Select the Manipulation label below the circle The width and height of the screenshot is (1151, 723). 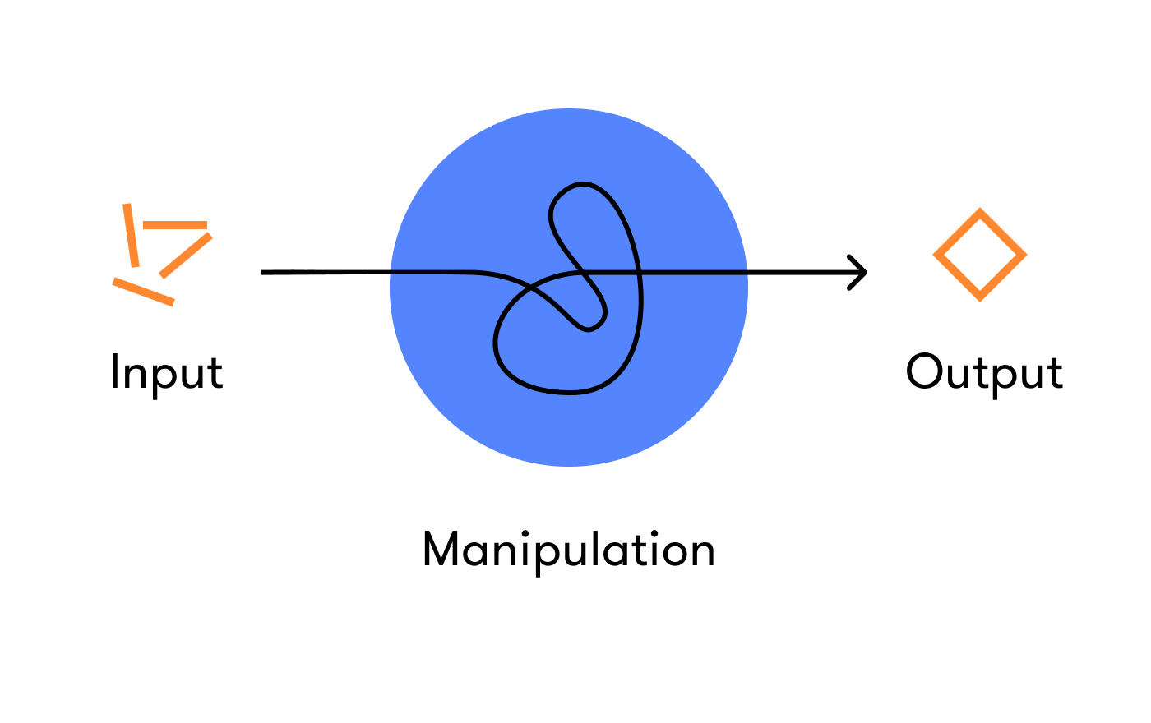568,550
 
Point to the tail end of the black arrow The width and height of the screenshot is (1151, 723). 263,272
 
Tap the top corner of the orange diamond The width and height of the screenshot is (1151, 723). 980,212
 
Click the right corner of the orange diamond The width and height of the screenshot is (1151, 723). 1024,255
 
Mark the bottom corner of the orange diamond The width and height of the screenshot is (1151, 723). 980,297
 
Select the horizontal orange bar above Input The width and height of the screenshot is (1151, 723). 175,225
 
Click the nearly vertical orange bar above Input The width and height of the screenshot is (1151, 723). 131,235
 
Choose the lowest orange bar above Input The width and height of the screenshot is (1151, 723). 144,292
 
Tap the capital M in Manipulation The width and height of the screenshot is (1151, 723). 441,549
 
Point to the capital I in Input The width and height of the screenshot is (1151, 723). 115,371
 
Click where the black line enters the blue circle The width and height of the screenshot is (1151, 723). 391,272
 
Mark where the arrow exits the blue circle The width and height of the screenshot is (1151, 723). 747,272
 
